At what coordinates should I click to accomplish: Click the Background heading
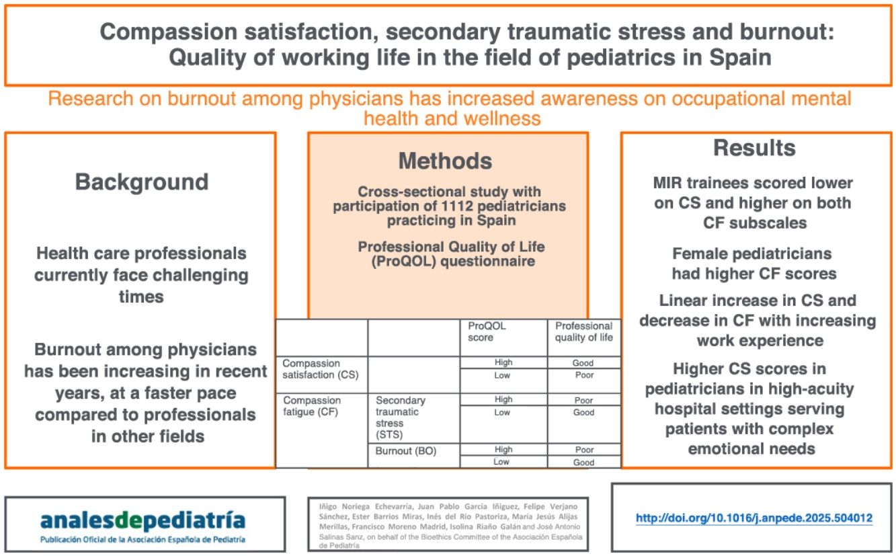[x=141, y=182]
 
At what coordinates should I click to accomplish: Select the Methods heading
[x=445, y=161]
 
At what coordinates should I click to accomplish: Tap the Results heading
[x=754, y=148]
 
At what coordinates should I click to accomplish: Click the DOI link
[x=754, y=518]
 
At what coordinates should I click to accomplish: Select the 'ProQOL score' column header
[x=487, y=331]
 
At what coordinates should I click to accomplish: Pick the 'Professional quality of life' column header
[x=583, y=331]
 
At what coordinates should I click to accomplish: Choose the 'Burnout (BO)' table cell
[x=406, y=451]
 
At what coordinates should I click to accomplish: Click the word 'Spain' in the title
[x=741, y=58]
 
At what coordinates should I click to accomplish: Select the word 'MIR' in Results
[x=669, y=183]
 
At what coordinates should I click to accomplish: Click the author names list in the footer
[x=449, y=524]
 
